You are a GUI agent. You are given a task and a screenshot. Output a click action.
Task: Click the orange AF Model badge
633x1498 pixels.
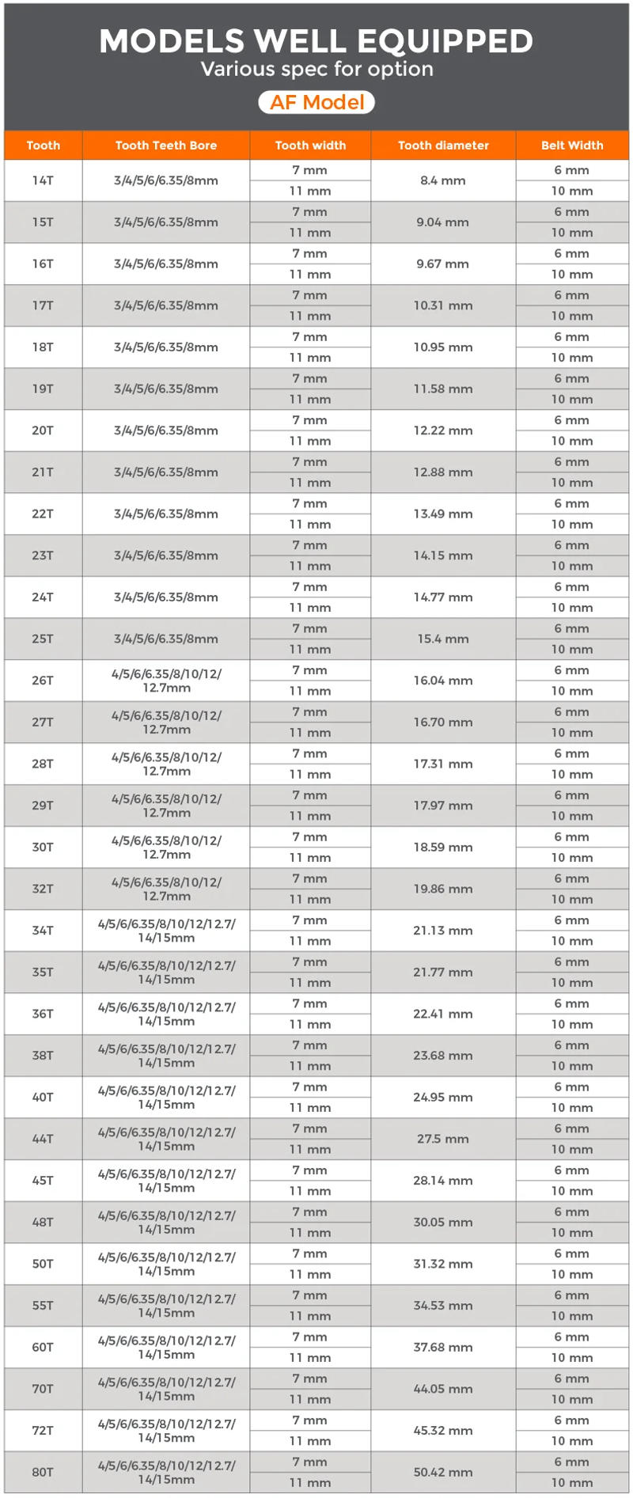pyautogui.click(x=316, y=102)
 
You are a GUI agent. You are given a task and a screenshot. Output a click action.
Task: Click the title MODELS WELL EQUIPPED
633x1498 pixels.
pyautogui.click(x=316, y=41)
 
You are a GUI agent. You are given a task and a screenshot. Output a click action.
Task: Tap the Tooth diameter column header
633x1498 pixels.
pyautogui.click(x=443, y=145)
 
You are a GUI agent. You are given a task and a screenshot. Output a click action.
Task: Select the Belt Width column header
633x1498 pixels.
pyautogui.click(x=572, y=145)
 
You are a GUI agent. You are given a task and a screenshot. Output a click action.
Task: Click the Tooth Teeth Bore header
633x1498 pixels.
pyautogui.click(x=166, y=145)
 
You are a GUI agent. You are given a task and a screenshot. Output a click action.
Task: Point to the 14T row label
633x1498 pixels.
pyautogui.click(x=43, y=180)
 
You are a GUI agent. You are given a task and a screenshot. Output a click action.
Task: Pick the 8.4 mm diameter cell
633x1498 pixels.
pyautogui.click(x=443, y=180)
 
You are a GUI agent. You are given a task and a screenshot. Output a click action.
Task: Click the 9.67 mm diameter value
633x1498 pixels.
pyautogui.click(x=443, y=264)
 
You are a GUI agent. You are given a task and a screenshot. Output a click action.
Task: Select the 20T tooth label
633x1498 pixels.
pyautogui.click(x=43, y=430)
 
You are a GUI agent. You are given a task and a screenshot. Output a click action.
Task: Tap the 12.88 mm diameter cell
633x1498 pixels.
pyautogui.click(x=443, y=472)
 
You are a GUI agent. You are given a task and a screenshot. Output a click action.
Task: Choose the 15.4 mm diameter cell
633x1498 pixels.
pyautogui.click(x=443, y=639)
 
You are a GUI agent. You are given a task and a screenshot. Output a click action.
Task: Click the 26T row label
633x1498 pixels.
pyautogui.click(x=43, y=681)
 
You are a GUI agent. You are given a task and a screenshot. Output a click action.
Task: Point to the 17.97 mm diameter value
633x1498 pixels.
pyautogui.click(x=443, y=806)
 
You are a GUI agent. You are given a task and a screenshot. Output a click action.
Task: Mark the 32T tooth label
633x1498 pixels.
pyautogui.click(x=43, y=889)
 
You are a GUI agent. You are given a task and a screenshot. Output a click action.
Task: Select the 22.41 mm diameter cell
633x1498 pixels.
pyautogui.click(x=443, y=1014)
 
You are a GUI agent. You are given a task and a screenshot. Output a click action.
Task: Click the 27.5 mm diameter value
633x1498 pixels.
pyautogui.click(x=443, y=1139)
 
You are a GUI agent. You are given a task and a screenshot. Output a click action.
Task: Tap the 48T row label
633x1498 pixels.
pyautogui.click(x=43, y=1222)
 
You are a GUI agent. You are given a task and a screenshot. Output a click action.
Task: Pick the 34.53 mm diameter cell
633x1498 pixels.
pyautogui.click(x=443, y=1306)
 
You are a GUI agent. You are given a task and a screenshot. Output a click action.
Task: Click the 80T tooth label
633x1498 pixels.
pyautogui.click(x=43, y=1472)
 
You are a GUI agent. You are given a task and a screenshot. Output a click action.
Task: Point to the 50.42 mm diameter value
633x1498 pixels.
pyautogui.click(x=443, y=1472)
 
